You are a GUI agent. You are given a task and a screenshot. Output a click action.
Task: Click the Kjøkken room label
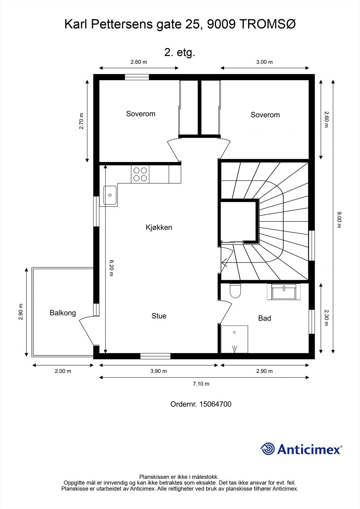(159, 227)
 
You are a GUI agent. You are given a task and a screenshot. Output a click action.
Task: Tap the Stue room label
(159, 316)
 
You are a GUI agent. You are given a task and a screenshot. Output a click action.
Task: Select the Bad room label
(265, 318)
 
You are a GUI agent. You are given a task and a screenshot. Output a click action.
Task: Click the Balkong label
(63, 313)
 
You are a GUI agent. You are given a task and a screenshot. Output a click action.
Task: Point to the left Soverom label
(141, 114)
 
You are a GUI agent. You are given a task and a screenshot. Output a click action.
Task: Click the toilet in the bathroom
(235, 290)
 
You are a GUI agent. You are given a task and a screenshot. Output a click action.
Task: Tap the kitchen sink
(110, 195)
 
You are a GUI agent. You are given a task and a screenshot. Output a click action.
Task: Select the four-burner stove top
(140, 174)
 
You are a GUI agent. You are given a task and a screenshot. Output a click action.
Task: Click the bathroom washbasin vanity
(284, 292)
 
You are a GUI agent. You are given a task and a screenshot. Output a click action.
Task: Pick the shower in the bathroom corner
(234, 339)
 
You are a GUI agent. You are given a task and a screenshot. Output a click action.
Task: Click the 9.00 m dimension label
(339, 220)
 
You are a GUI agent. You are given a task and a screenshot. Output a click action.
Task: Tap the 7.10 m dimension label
(201, 384)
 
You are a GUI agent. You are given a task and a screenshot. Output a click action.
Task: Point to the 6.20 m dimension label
(111, 268)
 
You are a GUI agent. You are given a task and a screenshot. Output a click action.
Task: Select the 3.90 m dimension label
(158, 371)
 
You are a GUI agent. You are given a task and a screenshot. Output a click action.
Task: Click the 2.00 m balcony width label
(63, 371)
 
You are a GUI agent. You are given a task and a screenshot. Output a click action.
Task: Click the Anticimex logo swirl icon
(267, 449)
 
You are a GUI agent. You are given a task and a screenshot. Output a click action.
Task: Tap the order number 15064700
(215, 404)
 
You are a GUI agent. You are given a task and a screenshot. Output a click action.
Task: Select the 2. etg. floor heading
(180, 52)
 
